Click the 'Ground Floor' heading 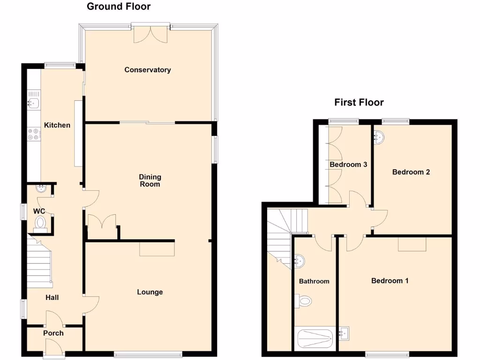point(119,7)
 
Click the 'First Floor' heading point(359,102)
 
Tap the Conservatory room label point(148,70)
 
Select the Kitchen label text point(57,125)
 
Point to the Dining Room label point(150,180)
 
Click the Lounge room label point(150,292)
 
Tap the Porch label point(53,333)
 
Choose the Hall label point(52,298)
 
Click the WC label point(39,211)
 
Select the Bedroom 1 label point(390,281)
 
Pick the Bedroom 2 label point(411,172)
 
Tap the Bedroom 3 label point(348,165)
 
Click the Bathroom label point(314,281)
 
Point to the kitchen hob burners point(34,134)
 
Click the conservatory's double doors point(150,34)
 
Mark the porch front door point(54,349)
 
